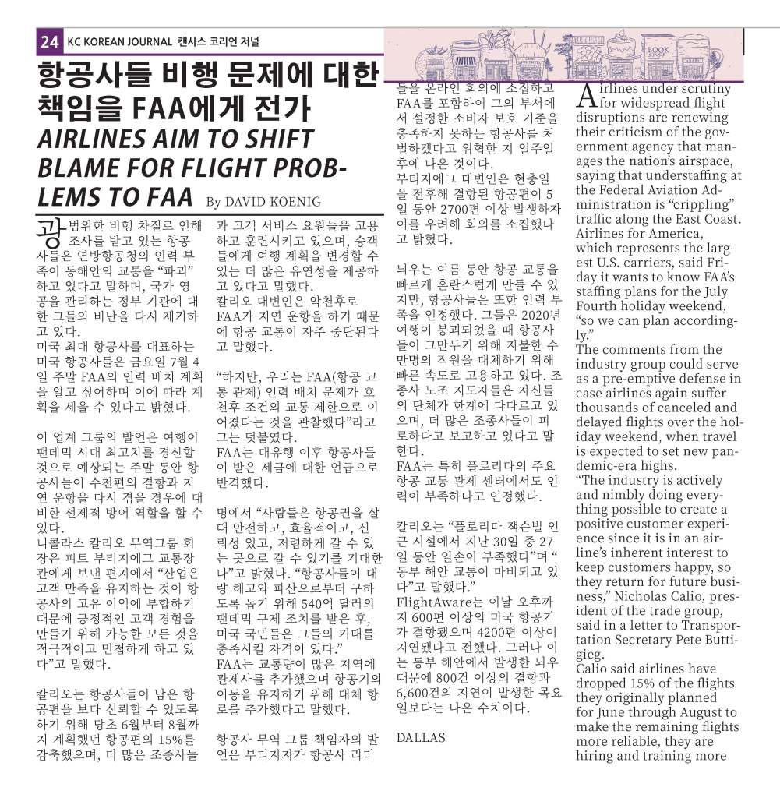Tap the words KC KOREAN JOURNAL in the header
click(114, 42)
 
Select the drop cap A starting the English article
click(587, 97)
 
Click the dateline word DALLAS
click(420, 737)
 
